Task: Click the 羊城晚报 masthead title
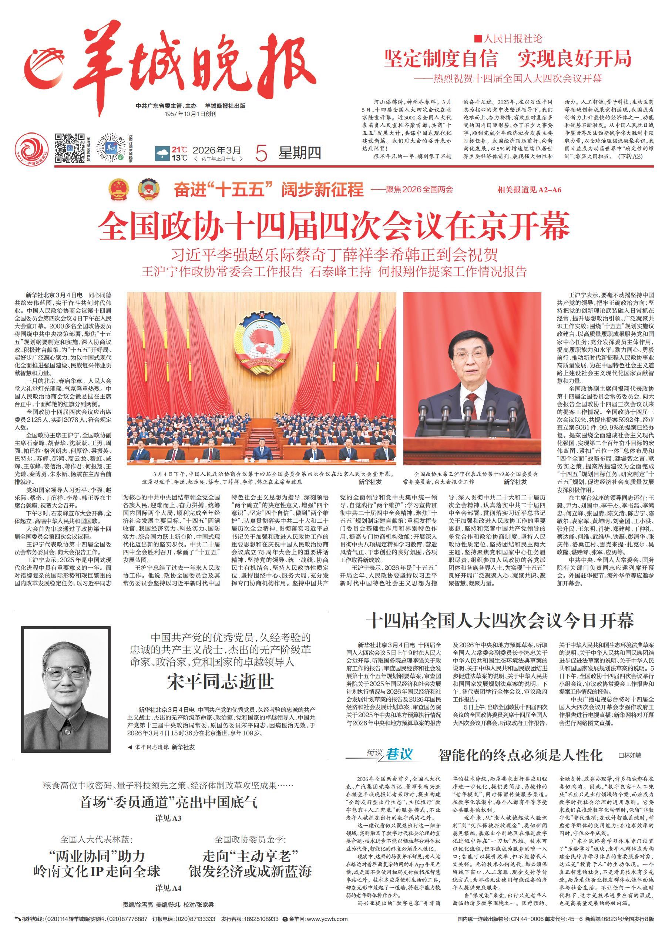[x=195, y=68]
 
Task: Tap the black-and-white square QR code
[x=70, y=148]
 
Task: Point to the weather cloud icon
[x=162, y=154]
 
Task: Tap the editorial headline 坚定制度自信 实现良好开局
[x=507, y=58]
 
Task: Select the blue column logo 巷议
[x=399, y=754]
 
